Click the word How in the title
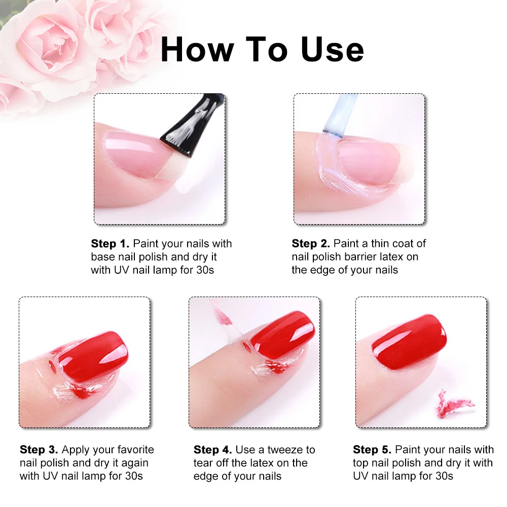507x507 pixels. [x=197, y=49]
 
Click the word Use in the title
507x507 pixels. [x=333, y=49]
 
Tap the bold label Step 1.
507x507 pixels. [x=110, y=243]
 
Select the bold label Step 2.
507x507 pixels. [x=311, y=243]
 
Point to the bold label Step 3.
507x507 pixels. [x=39, y=449]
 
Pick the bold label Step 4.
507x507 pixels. [x=213, y=449]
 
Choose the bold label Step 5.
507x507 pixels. [x=372, y=449]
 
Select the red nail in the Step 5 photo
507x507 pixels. [x=409, y=342]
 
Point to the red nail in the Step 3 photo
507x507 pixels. [x=94, y=356]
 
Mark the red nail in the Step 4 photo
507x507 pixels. [x=282, y=335]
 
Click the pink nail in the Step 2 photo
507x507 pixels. [x=369, y=163]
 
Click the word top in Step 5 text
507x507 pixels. [x=360, y=463]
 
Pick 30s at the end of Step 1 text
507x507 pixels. [x=205, y=270]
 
